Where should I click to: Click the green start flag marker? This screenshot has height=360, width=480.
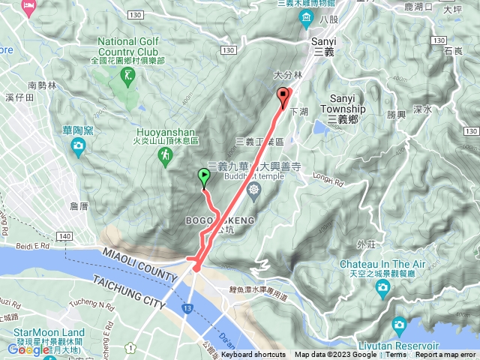pos(204,176)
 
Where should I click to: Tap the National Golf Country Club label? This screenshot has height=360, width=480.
pos(130,47)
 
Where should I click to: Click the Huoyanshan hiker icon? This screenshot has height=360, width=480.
pos(163,154)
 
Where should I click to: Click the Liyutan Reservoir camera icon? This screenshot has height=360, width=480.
pos(398,324)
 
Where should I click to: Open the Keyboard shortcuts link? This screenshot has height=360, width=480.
pos(253,355)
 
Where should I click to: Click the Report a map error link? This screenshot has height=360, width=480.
pos(447,355)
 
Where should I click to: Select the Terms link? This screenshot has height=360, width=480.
pos(395,355)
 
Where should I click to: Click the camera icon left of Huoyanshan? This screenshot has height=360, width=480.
pos(77,145)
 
